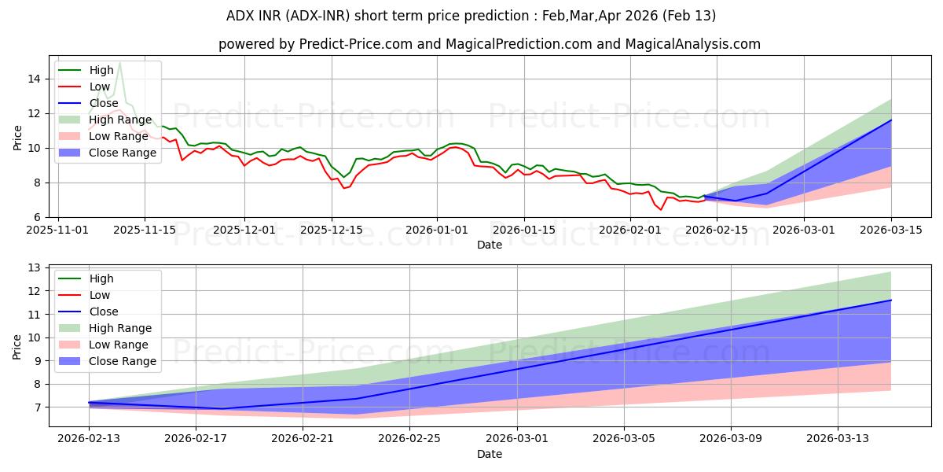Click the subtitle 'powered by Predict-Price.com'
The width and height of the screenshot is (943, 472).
489,44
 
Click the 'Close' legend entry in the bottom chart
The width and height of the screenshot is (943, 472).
105,312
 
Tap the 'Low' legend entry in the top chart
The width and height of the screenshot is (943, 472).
100,86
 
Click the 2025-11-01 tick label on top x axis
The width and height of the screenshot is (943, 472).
60,230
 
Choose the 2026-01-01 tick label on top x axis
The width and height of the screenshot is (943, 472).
438,230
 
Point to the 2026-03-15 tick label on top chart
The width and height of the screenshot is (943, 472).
891,230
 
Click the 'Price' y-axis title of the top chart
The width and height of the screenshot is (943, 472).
17,138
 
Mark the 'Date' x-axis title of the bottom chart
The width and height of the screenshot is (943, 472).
489,454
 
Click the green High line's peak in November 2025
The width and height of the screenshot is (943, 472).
119,62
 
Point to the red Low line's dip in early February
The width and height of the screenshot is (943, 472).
661,209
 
